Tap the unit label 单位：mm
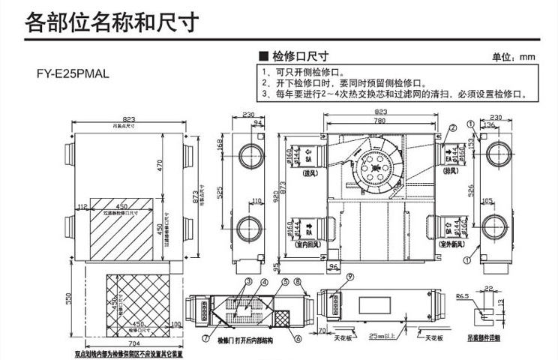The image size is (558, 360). (x=514, y=57)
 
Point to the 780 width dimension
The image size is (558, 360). (x=382, y=121)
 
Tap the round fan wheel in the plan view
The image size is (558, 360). (x=373, y=171)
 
